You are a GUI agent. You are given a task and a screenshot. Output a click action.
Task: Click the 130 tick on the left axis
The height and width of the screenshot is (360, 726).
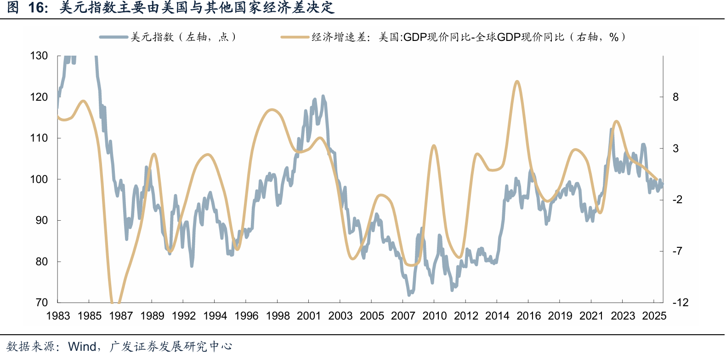39,56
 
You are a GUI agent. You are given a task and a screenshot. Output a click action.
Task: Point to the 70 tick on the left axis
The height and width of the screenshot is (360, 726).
41,303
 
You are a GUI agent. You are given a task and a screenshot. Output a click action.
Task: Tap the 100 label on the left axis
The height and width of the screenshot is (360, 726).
39,179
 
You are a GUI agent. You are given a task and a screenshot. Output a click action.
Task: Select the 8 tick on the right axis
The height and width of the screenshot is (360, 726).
675,97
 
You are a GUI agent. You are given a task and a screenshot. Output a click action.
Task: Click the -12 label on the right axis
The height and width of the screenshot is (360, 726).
681,303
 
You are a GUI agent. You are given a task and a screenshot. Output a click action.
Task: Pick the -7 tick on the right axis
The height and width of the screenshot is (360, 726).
677,251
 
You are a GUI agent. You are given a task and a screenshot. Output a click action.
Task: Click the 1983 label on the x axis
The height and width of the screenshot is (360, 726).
58,316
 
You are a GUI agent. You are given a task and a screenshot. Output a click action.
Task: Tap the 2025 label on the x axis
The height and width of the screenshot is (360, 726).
654,316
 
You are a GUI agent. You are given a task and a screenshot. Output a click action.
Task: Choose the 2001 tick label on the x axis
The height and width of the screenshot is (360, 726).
309,316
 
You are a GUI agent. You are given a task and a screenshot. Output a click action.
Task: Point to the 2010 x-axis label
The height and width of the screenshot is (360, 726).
434,316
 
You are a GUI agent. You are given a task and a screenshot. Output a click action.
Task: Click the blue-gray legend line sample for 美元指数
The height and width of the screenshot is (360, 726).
113,37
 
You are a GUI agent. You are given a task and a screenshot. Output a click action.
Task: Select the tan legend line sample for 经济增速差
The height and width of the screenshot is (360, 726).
295,37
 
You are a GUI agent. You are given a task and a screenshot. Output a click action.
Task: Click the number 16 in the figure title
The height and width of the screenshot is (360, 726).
36,8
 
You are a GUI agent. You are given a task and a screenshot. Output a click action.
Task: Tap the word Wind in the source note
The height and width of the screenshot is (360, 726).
82,347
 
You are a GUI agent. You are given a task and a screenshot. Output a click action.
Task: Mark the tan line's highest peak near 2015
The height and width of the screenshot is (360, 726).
517,81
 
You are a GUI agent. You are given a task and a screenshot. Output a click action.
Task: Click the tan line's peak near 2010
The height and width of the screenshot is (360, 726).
434,146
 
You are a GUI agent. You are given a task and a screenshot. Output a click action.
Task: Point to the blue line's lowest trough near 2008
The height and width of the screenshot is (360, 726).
409,295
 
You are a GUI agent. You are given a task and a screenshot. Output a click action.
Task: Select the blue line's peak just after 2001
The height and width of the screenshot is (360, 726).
323,96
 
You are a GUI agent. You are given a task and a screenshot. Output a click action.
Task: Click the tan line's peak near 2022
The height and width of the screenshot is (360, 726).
616,122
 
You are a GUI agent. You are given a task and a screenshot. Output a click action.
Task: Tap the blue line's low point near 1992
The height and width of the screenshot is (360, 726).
192,266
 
